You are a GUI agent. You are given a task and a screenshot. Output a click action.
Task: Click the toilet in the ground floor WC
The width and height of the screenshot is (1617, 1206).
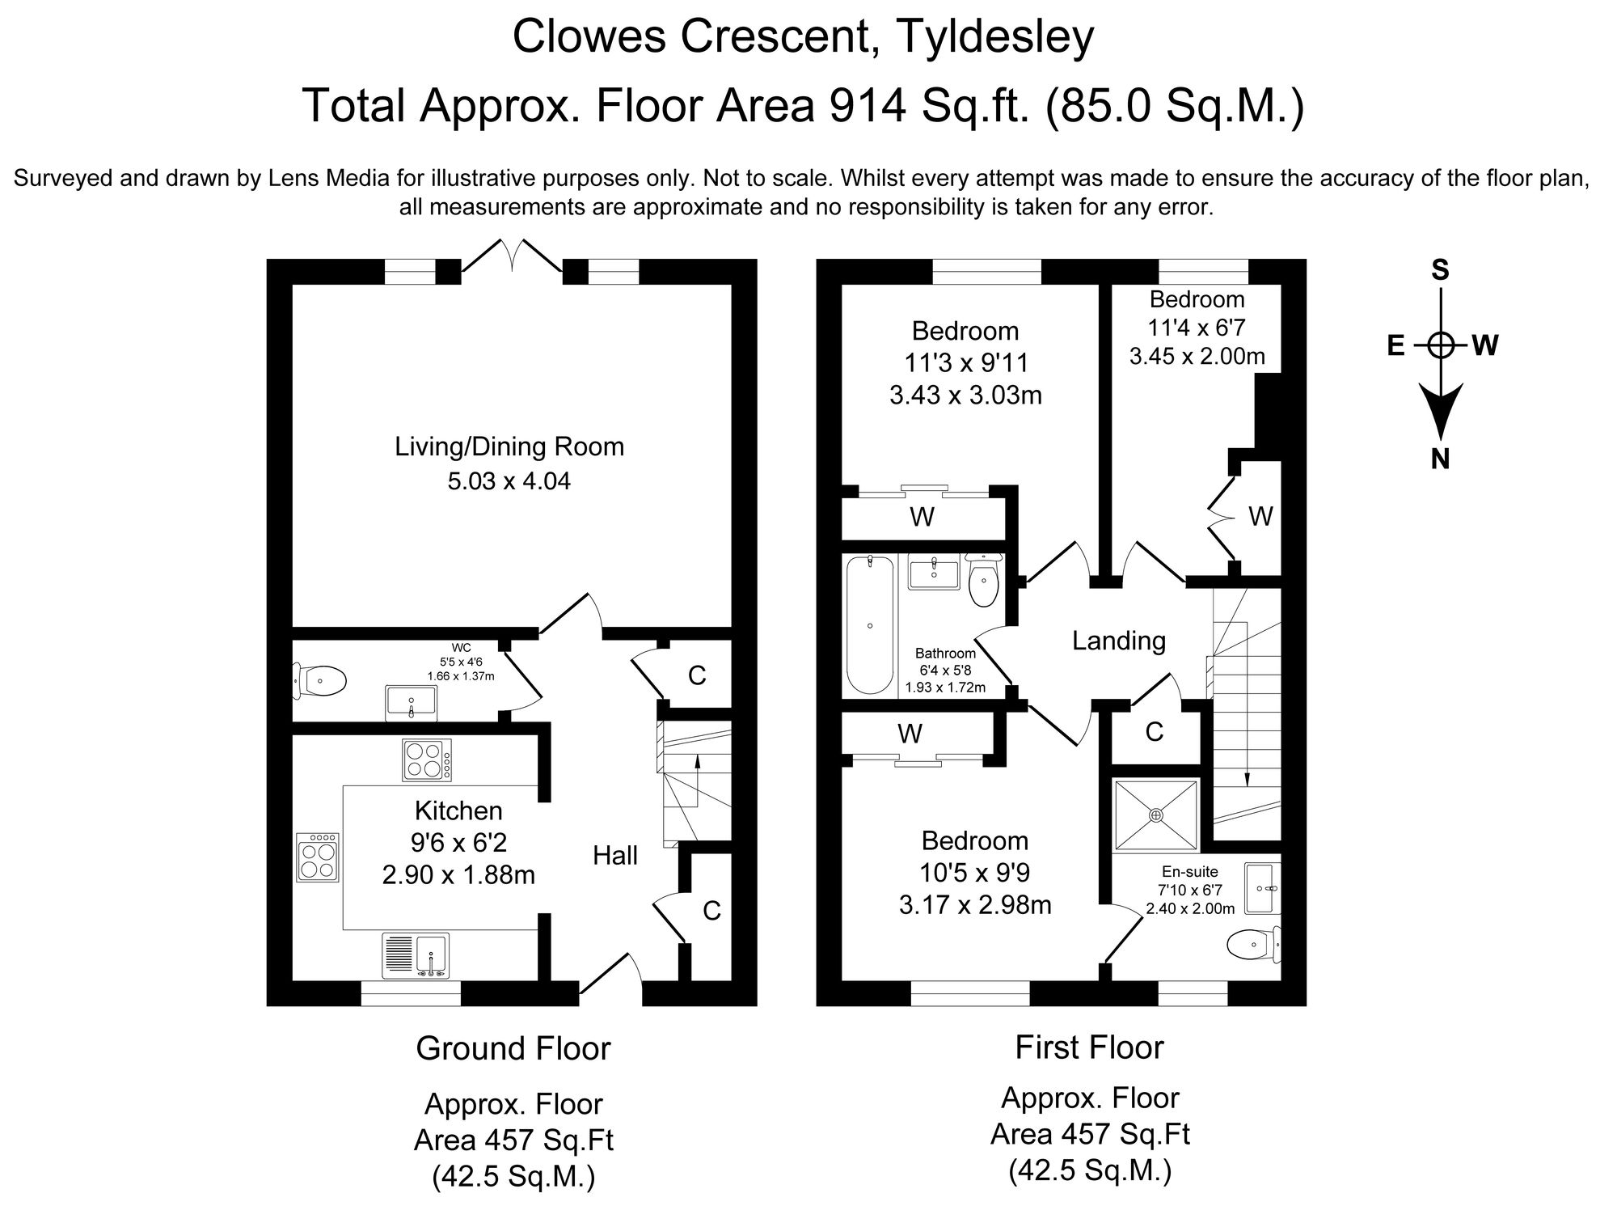(x=319, y=681)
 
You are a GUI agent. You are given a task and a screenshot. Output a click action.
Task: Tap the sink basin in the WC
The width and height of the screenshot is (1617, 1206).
(x=412, y=702)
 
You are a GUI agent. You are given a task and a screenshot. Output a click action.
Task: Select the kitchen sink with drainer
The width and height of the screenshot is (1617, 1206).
(x=416, y=955)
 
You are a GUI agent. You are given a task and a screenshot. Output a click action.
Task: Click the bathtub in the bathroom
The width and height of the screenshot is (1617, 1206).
(x=870, y=624)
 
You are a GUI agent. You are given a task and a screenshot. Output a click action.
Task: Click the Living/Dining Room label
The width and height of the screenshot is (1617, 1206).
(x=509, y=446)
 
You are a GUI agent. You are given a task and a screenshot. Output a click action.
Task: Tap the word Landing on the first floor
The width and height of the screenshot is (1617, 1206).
(x=1119, y=641)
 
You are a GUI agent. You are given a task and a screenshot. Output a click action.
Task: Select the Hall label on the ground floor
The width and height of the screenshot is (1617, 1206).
(x=615, y=855)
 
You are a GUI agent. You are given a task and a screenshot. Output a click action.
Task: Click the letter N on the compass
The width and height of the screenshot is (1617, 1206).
(x=1439, y=459)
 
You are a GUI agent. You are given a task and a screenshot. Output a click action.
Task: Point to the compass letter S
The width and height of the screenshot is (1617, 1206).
(x=1440, y=270)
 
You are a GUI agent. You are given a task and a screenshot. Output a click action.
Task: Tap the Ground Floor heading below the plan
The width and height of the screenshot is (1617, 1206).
(x=513, y=1048)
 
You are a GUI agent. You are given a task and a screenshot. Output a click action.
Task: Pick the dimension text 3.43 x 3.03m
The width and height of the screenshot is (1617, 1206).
(x=965, y=395)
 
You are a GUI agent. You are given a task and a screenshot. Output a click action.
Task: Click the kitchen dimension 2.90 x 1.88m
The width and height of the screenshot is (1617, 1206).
(x=458, y=875)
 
